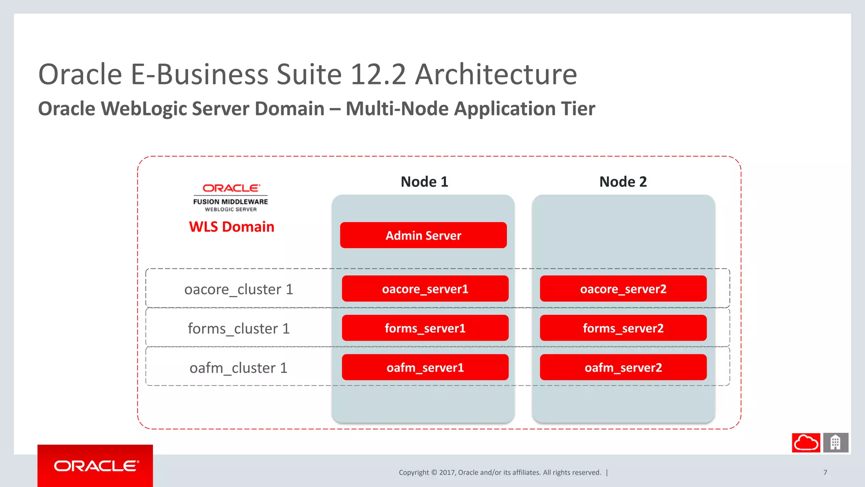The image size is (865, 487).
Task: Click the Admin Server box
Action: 423,235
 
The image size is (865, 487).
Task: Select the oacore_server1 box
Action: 425,289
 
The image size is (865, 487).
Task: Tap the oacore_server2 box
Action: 623,289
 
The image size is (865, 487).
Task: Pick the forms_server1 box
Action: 425,328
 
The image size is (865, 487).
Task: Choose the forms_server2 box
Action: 623,328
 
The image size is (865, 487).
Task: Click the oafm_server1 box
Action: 425,367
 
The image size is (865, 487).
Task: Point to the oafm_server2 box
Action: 623,367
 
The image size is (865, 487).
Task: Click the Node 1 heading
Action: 424,182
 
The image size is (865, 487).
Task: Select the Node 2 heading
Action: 623,182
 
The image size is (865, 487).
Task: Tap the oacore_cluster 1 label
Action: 239,290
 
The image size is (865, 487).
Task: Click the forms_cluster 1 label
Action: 239,328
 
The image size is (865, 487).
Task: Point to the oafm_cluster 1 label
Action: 239,368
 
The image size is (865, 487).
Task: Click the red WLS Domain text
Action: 231,227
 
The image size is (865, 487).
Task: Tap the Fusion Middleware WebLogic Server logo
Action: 231,197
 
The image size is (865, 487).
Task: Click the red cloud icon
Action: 806,443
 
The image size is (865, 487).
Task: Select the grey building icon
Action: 835,443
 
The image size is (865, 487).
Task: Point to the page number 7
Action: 825,473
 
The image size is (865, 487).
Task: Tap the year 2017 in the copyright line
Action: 447,473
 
